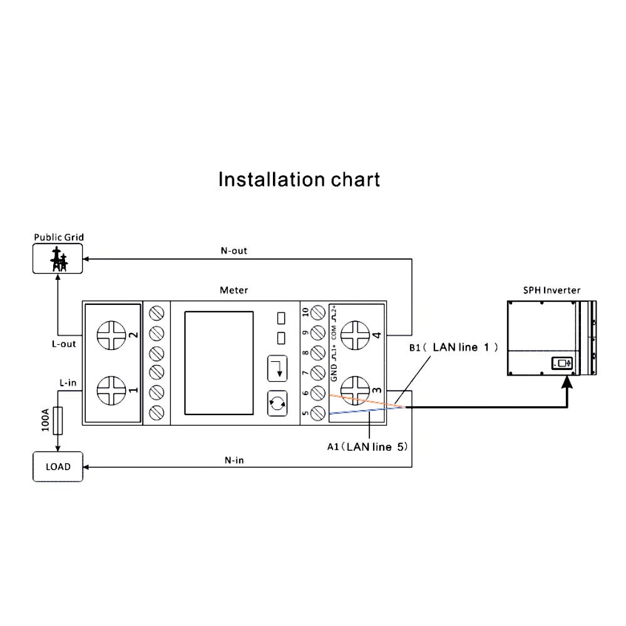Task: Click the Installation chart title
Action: click(x=299, y=180)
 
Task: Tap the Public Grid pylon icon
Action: click(x=58, y=259)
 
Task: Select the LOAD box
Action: click(x=58, y=467)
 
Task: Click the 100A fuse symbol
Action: click(x=58, y=421)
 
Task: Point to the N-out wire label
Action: click(x=233, y=250)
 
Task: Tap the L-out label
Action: click(x=64, y=344)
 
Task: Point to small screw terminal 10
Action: click(x=318, y=312)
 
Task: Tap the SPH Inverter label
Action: click(x=552, y=290)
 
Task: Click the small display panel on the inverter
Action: click(x=562, y=363)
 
